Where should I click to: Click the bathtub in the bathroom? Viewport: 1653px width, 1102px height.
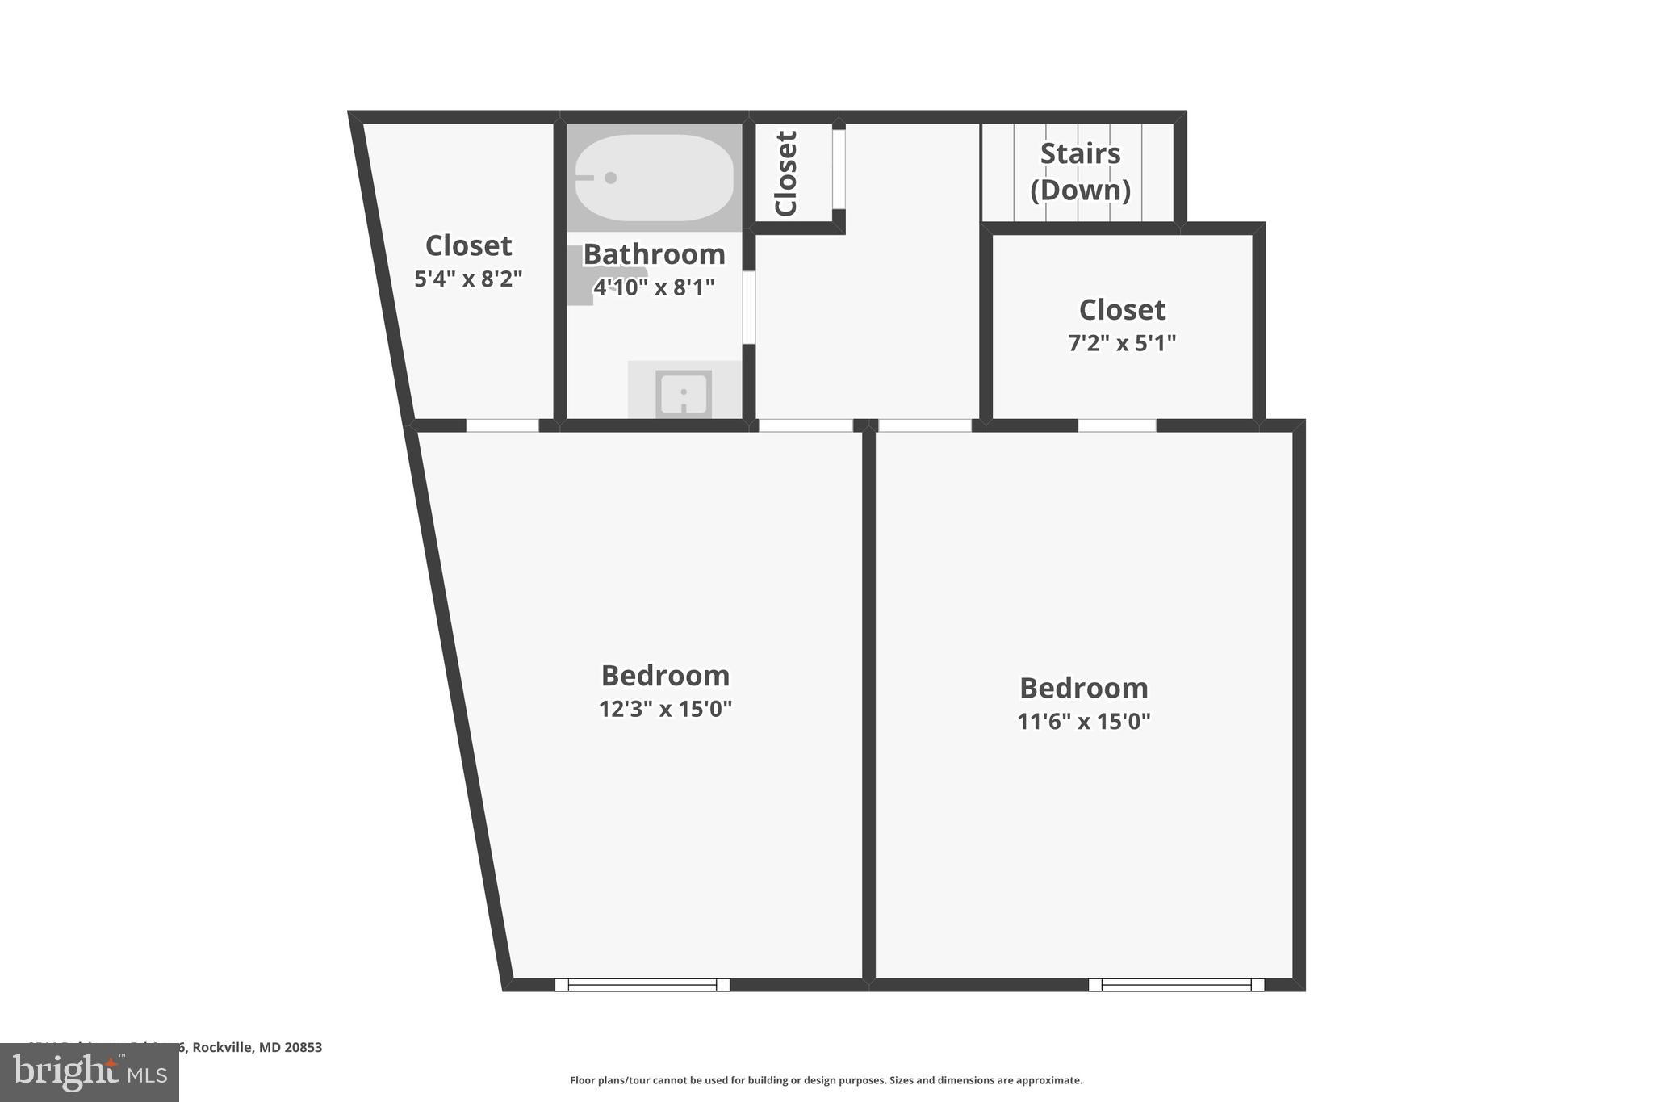654,178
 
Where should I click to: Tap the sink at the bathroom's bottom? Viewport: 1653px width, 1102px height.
684,394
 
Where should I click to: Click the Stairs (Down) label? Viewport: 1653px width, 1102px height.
1080,171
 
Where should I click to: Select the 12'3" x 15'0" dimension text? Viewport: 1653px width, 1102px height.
665,709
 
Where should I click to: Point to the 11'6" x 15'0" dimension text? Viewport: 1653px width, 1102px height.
1083,721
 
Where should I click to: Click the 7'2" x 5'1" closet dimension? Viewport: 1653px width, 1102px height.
1122,343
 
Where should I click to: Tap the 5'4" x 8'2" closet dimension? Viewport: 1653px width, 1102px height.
468,279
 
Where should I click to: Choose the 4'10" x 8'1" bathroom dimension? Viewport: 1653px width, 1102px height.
654,287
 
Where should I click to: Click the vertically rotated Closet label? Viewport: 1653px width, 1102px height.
786,173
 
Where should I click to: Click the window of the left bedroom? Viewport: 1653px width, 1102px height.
642,984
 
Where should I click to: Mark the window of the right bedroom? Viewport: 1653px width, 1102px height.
1176,984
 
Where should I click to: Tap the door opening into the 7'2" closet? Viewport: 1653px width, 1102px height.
1117,425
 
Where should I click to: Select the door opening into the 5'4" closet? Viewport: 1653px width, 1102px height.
502,425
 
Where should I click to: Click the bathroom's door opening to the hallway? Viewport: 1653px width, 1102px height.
748,307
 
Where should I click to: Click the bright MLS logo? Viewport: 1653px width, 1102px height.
89,1072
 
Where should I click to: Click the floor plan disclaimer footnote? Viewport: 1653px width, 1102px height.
826,1080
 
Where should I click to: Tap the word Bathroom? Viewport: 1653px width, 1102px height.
654,254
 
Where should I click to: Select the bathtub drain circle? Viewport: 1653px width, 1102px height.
611,178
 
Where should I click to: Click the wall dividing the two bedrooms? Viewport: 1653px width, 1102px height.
868,702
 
